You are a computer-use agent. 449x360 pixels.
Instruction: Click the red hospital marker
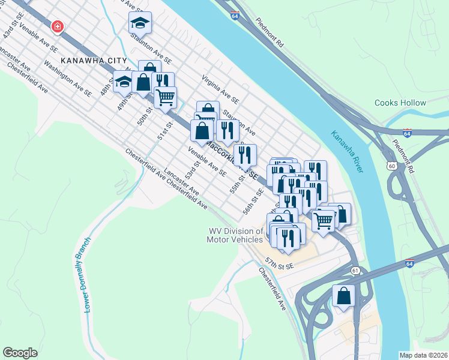(58, 27)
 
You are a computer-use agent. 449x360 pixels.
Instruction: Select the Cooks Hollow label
(400, 103)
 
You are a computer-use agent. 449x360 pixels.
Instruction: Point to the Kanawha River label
(348, 151)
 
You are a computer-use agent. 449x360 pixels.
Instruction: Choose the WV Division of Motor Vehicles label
(235, 235)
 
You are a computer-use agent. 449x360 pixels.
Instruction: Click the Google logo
(20, 353)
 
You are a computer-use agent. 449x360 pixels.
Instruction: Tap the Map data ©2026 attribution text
(423, 355)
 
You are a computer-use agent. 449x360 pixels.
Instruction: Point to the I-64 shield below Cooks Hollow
(407, 131)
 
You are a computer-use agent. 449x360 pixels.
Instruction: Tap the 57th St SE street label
(279, 265)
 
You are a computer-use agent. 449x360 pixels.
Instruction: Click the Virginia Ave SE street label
(220, 89)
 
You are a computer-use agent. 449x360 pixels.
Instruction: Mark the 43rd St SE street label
(13, 25)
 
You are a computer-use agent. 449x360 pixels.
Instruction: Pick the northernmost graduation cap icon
(140, 23)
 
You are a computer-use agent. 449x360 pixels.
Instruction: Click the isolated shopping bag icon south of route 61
(343, 295)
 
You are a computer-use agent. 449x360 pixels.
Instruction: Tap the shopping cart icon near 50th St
(165, 96)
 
